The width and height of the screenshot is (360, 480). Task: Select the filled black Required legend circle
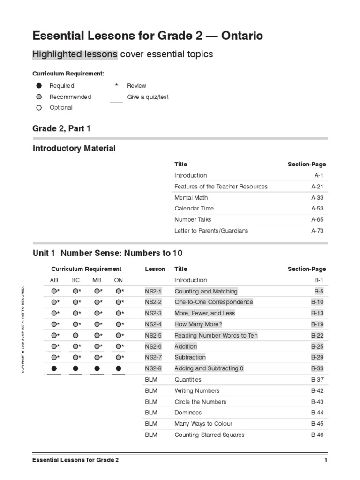tap(39, 86)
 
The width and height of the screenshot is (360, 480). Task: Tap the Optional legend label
tap(61, 107)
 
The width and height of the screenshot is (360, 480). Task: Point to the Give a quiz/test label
tap(148, 97)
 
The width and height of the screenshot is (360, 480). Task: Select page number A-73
tap(317, 231)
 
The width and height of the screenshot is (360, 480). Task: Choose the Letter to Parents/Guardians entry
tap(211, 231)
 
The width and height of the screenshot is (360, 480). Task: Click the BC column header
tap(75, 280)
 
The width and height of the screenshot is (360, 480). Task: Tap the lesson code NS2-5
tap(153, 336)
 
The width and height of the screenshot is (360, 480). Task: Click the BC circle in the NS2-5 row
tap(75, 336)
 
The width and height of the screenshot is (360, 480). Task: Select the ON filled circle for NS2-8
tap(119, 369)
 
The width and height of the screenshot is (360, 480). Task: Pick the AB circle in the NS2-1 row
tap(54, 291)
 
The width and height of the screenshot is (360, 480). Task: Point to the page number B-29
tap(317, 358)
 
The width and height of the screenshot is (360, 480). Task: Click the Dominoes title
tap(188, 413)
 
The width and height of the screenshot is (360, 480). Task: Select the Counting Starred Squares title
tap(209, 435)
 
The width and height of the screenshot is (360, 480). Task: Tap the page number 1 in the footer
tap(325, 460)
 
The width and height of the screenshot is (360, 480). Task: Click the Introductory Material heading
tap(74, 149)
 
